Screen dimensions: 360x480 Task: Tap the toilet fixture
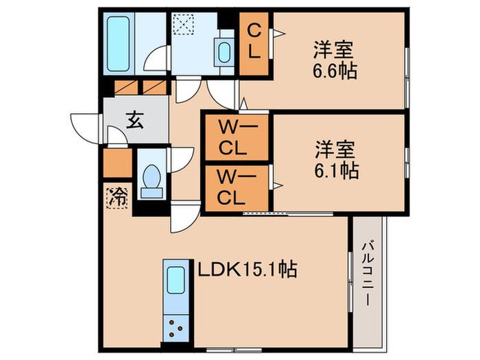150,179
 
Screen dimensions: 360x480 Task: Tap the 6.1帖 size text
336,169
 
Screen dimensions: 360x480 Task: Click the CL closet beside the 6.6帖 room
254,42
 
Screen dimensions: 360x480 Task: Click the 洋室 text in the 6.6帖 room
335,49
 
